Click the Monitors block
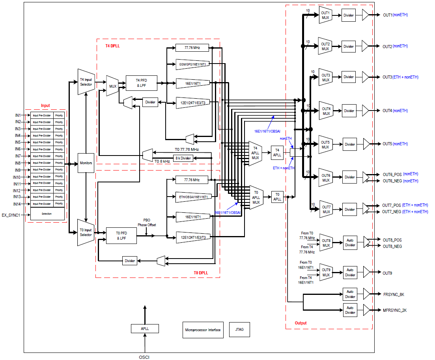86,163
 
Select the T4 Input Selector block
86,82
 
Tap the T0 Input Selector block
86,232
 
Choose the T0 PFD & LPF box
121,236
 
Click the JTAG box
239,330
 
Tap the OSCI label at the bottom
144,357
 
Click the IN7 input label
18,156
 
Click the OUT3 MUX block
325,77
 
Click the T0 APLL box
277,197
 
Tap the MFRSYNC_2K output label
395,310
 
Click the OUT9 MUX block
326,272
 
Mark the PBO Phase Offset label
146,223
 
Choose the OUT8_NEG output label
392,246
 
